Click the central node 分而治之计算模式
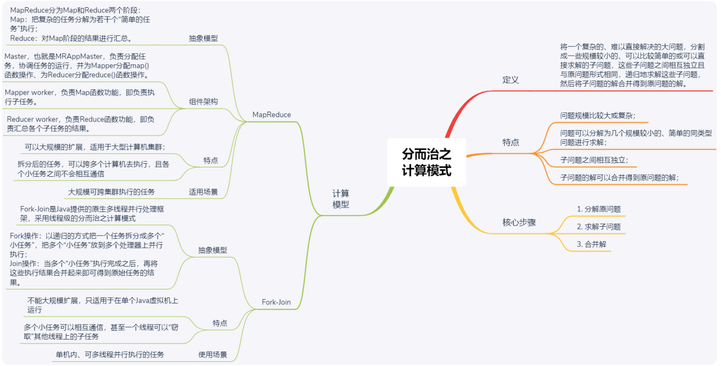click(426, 162)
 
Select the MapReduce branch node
click(271, 115)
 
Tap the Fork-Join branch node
click(276, 302)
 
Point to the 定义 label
click(511, 80)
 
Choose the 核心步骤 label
click(519, 222)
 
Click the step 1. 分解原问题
click(599, 209)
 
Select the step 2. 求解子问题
click(599, 227)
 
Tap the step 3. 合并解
click(591, 244)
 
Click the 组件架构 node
click(203, 102)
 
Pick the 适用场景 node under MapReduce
click(203, 192)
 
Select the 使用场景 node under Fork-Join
click(213, 355)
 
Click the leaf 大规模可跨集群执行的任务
click(111, 192)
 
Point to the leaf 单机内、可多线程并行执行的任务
click(110, 355)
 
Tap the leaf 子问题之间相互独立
click(594, 160)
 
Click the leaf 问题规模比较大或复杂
click(598, 115)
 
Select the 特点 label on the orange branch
click(511, 143)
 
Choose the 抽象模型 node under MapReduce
click(203, 38)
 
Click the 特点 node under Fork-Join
click(220, 323)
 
